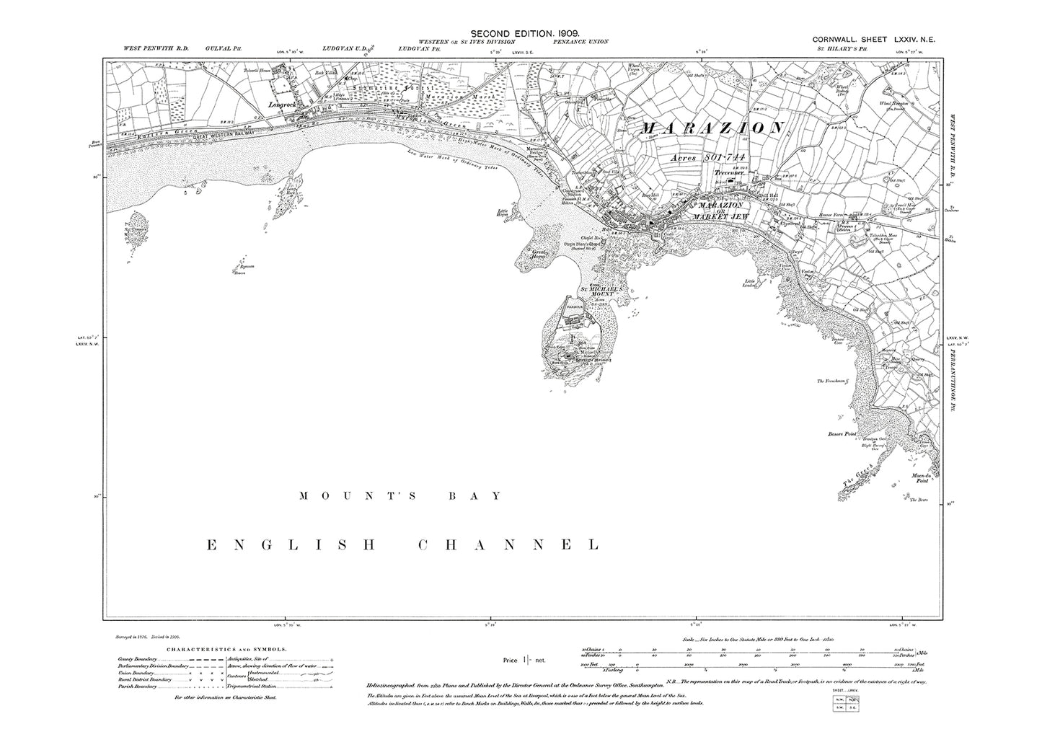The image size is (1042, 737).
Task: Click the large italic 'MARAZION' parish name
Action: click(711, 128)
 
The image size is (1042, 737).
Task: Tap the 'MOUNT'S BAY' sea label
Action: click(399, 496)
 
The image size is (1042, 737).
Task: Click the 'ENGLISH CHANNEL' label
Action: click(402, 544)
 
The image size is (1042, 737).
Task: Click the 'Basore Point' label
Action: click(840, 434)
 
